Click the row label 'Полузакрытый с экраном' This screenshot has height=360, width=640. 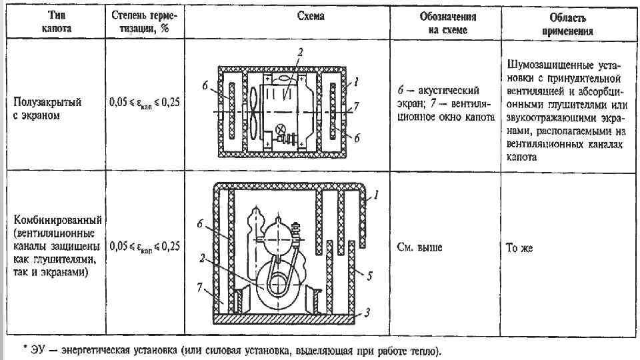point(48,109)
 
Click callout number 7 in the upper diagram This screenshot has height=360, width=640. point(357,107)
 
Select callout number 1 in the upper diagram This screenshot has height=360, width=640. point(357,83)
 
